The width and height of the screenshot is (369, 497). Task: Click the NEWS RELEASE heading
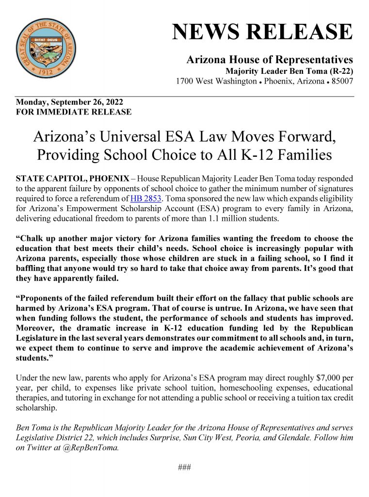262,32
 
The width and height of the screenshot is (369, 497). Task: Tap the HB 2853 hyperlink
146,199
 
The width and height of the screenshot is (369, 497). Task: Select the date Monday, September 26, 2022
69,102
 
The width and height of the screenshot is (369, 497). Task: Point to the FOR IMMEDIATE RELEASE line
74,112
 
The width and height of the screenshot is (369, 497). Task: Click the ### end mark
184,467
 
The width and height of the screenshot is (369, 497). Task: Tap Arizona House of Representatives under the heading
270,60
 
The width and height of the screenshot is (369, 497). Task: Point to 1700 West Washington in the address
216,81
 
